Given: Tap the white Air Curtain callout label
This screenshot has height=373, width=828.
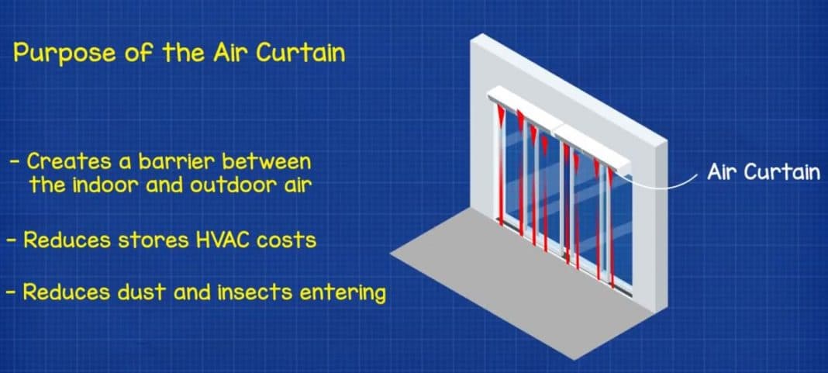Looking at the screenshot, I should [763, 172].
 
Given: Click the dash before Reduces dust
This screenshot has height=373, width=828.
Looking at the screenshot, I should [10, 293].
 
